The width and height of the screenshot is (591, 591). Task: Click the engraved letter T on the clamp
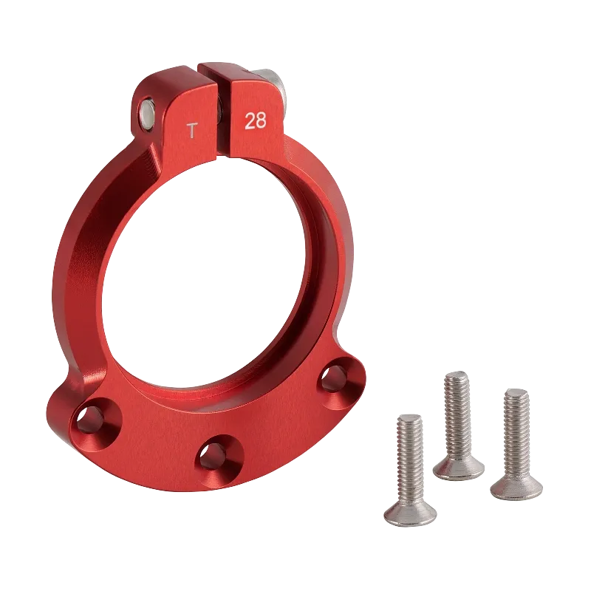click(x=192, y=131)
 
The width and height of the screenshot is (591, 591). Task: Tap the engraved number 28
click(x=255, y=121)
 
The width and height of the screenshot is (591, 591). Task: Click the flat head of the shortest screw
click(x=409, y=513)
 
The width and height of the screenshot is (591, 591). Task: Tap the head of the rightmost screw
click(x=516, y=485)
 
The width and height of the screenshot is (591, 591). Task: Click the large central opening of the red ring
click(x=199, y=273)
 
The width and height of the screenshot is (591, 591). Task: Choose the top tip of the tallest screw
click(x=457, y=372)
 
